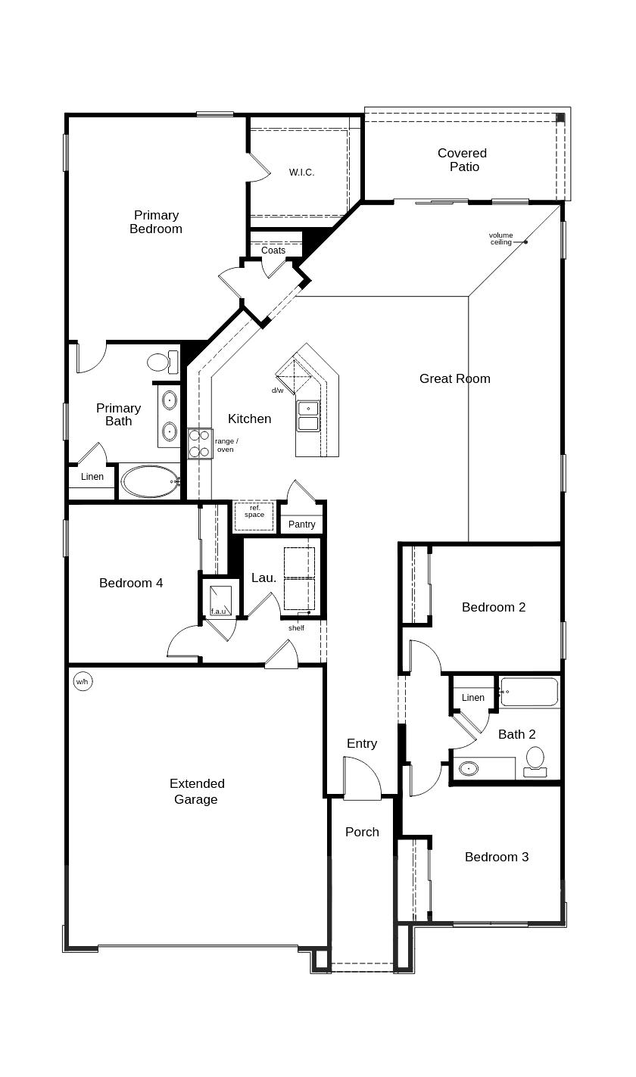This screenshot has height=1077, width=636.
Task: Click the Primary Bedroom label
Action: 156,222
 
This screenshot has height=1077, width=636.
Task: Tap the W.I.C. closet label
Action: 301,173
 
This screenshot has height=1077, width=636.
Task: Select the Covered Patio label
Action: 463,160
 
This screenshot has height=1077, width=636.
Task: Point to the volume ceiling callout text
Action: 500,238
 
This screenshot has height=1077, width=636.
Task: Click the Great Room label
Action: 454,378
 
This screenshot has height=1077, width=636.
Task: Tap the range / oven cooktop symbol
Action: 200,444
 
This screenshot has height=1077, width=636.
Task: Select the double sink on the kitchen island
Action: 308,416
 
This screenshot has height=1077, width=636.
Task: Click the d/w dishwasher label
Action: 278,391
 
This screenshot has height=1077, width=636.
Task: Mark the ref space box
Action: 254,515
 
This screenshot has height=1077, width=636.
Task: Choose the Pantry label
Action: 302,524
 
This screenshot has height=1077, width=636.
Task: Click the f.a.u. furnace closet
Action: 220,600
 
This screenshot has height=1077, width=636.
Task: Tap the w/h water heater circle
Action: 82,681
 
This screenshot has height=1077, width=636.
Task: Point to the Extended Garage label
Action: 196,792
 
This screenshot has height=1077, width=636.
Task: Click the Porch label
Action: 362,832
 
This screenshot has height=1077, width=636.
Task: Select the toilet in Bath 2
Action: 535,760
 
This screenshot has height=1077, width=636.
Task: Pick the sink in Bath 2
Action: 469,769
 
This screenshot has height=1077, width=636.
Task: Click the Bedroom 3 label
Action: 497,857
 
